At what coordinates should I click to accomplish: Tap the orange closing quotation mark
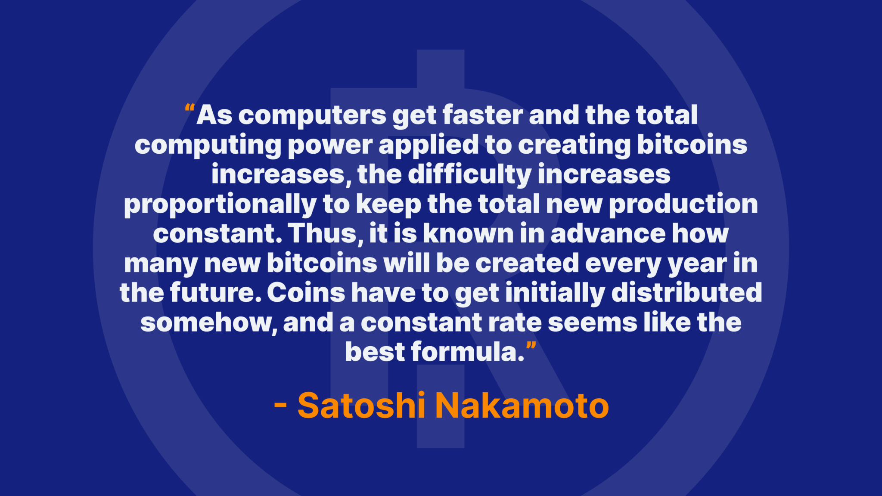tap(531, 345)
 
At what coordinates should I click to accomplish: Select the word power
tap(330, 146)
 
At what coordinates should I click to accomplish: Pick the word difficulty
tap(469, 175)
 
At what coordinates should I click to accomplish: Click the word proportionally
tap(220, 205)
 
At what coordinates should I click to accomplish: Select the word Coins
tap(306, 293)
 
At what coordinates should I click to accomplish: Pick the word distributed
tap(687, 293)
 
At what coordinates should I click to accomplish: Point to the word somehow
tap(208, 322)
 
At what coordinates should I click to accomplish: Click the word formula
tap(468, 352)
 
